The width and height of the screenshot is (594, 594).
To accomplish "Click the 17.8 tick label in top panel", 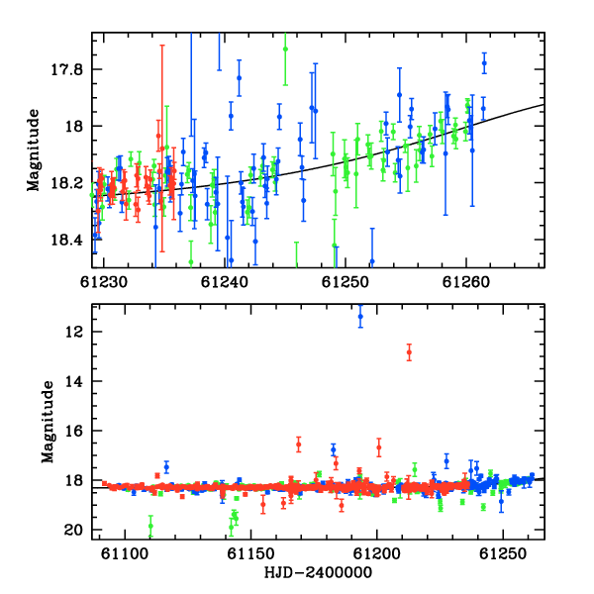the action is [66, 69].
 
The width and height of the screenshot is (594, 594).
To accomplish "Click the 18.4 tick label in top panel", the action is [66, 240].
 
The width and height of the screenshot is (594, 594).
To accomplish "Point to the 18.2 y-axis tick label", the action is [66, 183].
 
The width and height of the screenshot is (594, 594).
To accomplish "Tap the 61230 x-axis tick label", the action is [104, 282].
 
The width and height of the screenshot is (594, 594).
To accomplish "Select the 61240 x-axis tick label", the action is [225, 282].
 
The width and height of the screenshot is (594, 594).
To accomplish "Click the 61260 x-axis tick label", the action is [466, 282].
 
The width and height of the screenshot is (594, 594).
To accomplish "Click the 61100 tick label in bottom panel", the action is [125, 553].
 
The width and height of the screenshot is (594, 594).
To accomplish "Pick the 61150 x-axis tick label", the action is [250, 553].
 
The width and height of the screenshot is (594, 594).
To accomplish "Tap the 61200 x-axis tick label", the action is [376, 553].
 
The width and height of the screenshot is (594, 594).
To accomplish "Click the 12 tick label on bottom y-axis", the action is [73, 332].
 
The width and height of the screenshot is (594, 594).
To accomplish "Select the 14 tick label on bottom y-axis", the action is [73, 381].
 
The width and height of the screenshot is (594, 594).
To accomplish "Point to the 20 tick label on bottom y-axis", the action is [73, 530].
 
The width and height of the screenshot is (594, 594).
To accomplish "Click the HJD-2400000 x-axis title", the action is [318, 572].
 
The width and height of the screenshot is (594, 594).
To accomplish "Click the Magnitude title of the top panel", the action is [34, 150].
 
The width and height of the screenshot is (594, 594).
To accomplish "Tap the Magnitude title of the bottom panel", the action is [48, 422].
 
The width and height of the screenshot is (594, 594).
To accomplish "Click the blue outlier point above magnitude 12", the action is [360, 317].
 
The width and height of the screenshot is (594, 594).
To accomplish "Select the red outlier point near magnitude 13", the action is [409, 352].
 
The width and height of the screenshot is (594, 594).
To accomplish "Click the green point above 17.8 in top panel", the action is [285, 49].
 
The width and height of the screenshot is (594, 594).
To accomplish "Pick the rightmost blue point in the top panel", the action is [484, 63].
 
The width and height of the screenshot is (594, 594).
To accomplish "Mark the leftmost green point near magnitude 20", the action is [150, 526].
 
